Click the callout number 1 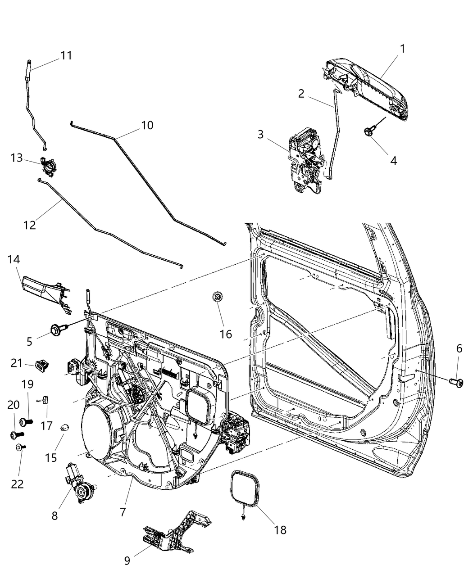402,49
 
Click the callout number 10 147,125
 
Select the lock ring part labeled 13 47,165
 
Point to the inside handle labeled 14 46,295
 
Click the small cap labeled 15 64,427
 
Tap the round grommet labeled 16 218,297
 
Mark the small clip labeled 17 44,399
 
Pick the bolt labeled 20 17,435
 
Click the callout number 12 30,225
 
